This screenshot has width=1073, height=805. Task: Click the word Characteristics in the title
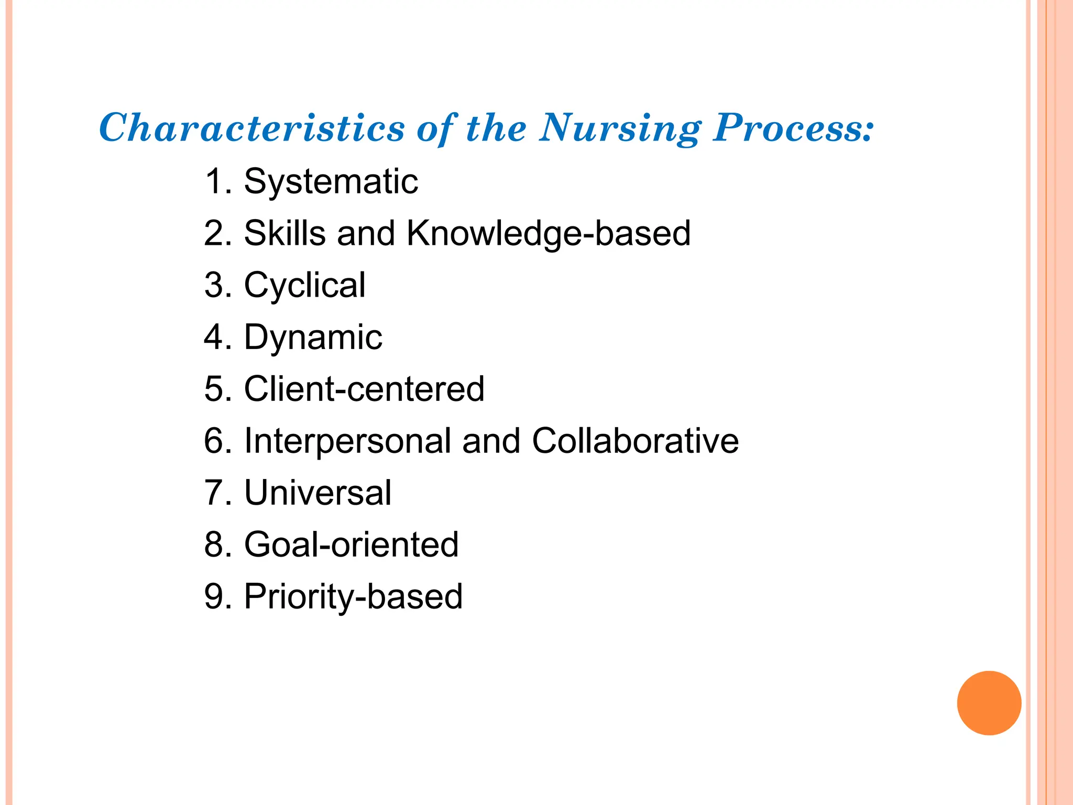[252, 128]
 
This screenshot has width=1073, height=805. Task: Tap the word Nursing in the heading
[620, 128]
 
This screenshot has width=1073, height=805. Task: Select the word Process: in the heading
[793, 128]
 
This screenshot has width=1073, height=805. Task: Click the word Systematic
[331, 182]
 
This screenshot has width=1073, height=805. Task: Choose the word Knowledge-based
[549, 234]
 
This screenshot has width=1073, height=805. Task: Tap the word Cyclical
[305, 286]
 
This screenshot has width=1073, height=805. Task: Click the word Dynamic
[313, 338]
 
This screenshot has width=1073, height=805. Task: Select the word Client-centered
[365, 389]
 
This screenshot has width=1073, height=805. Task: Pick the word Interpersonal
[347, 441]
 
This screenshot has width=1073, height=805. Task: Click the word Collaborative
[635, 441]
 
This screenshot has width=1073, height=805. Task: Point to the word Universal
[318, 493]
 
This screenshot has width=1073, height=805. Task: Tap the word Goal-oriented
[352, 545]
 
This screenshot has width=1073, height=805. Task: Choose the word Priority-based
[354, 597]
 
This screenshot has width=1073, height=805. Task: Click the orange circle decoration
[989, 703]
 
